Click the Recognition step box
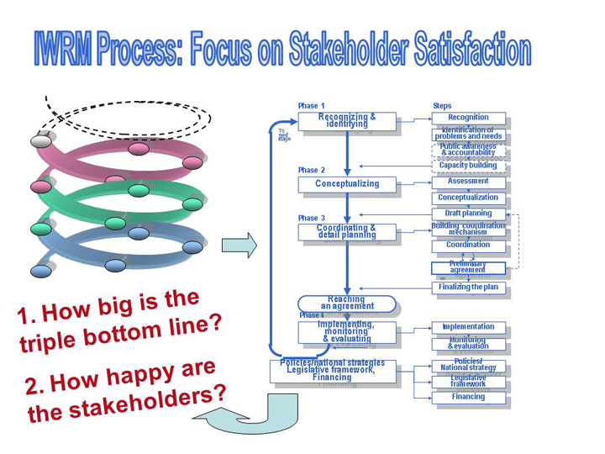pyautogui.click(x=469, y=118)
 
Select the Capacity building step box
pyautogui.click(x=469, y=166)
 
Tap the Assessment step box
pyautogui.click(x=469, y=182)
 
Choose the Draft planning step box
pyautogui.click(x=469, y=214)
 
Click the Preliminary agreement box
pyautogui.click(x=469, y=268)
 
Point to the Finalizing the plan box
pyautogui.click(x=469, y=288)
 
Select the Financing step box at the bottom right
pyautogui.click(x=469, y=397)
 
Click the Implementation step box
pyautogui.click(x=469, y=327)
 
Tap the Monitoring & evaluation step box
pyautogui.click(x=469, y=343)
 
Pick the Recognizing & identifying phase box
pyautogui.click(x=346, y=121)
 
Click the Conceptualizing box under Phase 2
pyautogui.click(x=346, y=184)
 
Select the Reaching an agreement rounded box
pyautogui.click(x=346, y=303)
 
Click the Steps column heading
pyautogui.click(x=442, y=106)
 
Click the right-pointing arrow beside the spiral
pyautogui.click(x=239, y=245)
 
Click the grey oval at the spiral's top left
pyautogui.click(x=41, y=141)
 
